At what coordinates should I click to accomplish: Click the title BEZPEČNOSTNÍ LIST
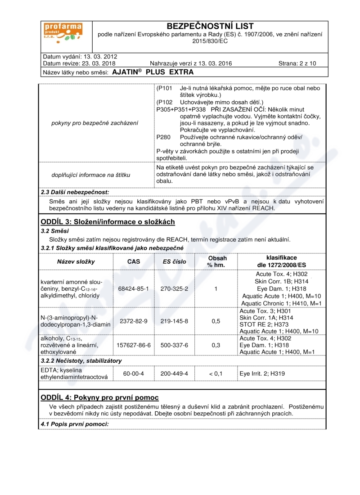tap(210, 26)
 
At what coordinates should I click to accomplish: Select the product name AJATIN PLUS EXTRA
tap(153, 72)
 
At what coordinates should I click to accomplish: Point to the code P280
tap(164, 137)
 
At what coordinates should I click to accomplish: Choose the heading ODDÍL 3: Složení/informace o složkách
tap(108, 222)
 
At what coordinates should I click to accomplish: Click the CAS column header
tap(134, 261)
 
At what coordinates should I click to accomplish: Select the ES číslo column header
tap(175, 261)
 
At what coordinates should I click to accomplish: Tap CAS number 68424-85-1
tap(134, 288)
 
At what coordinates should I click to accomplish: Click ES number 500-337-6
tap(175, 345)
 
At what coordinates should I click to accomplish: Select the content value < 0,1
tap(216, 373)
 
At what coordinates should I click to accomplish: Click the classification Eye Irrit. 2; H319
tap(262, 373)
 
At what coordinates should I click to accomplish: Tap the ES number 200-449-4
tap(175, 373)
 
